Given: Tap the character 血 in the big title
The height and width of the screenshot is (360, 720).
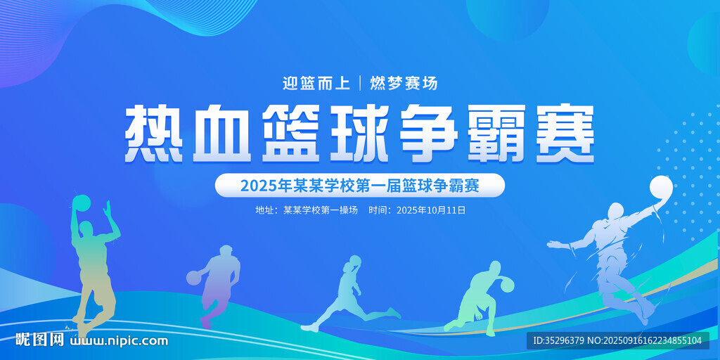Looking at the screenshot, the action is tap(221, 134).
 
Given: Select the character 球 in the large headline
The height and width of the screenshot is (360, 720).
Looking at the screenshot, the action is tap(359, 134).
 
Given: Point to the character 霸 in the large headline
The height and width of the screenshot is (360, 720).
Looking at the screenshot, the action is tap(496, 134).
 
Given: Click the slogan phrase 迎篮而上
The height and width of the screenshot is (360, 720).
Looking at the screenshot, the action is tap(316, 83).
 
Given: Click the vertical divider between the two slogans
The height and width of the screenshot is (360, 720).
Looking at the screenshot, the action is tap(360, 83).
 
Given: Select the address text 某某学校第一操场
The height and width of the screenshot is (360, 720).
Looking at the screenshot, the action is tap(321, 210).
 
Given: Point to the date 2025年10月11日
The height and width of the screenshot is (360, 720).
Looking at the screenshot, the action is tap(431, 210).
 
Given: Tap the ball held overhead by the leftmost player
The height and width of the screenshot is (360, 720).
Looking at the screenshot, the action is tap(82, 204).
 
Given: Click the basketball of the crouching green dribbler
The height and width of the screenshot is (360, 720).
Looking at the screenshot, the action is tap(506, 284).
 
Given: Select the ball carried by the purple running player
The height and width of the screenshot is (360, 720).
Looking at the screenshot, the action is tap(194, 277).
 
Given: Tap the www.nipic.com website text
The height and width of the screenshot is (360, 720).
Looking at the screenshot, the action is tap(118, 341).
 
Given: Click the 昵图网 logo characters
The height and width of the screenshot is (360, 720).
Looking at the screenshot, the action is tap(40, 340).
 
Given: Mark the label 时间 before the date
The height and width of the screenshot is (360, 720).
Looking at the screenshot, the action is tap(378, 210).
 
